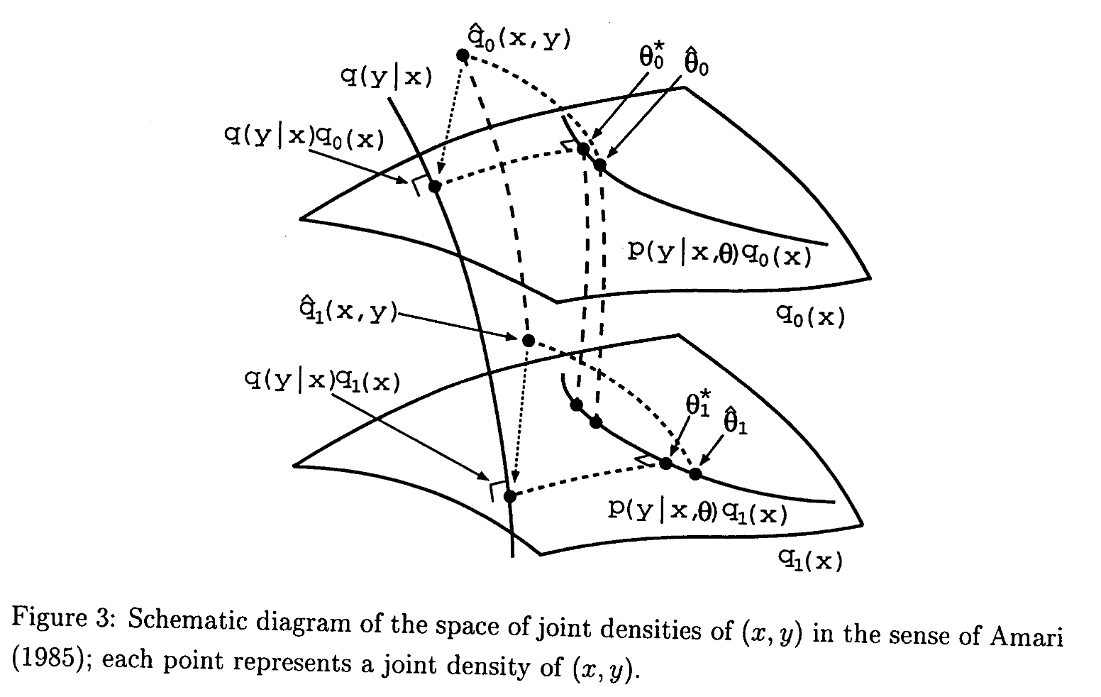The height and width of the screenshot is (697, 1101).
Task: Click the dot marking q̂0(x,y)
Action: point(463,55)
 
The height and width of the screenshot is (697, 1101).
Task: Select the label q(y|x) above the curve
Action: point(386,76)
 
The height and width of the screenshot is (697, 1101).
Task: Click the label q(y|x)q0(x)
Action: point(304,137)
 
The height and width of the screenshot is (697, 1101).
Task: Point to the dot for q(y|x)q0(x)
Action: point(435,187)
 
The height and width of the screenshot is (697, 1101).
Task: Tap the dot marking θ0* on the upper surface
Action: point(583,149)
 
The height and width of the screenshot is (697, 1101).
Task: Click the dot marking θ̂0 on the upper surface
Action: point(600,165)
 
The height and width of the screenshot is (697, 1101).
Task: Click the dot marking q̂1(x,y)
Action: point(528,340)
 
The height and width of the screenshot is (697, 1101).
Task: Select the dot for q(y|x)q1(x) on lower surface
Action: point(509,495)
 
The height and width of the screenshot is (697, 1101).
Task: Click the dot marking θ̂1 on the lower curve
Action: point(695,473)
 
